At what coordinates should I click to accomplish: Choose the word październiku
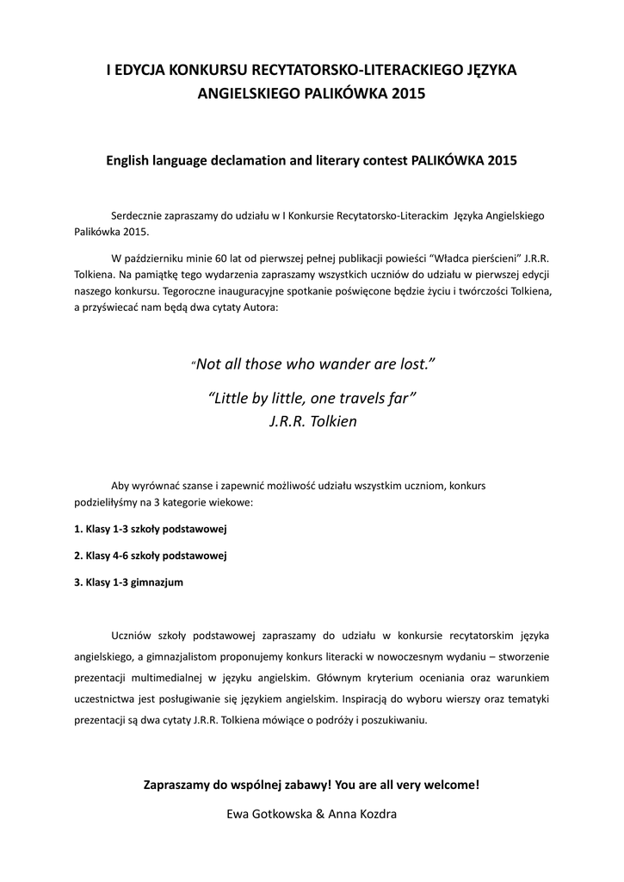click(x=158, y=257)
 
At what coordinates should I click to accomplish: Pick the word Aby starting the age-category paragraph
click(x=121, y=486)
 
